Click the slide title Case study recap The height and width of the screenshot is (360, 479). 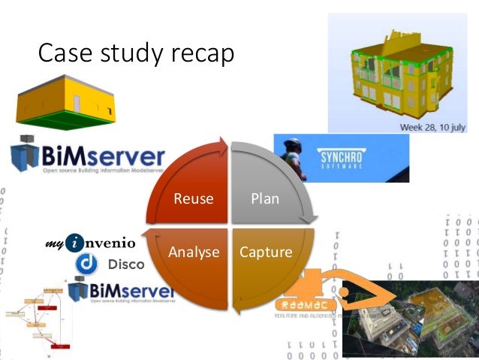(136, 53)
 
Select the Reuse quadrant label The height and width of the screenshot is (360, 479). (194, 199)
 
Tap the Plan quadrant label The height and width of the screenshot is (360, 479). (264, 199)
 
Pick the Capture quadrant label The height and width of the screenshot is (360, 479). (265, 252)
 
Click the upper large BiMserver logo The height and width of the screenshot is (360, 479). (88, 158)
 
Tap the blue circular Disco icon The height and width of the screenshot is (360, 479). (88, 264)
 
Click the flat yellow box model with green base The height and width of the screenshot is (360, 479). (68, 105)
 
